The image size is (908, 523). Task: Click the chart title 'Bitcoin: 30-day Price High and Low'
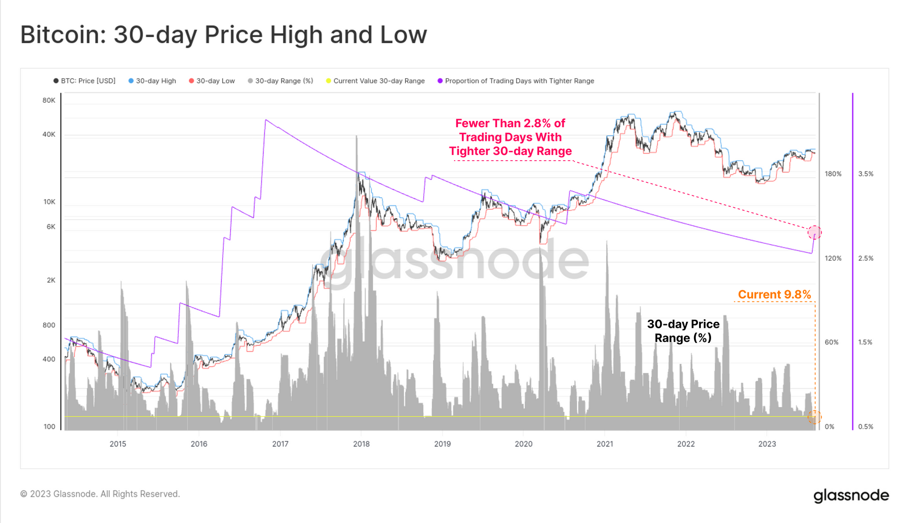tap(223, 35)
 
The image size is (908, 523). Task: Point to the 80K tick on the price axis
tap(49, 101)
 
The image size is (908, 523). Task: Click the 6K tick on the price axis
tap(51, 227)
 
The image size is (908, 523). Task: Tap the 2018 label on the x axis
tap(361, 444)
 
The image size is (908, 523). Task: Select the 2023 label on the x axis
tap(767, 444)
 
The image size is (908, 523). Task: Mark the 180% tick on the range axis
tap(833, 174)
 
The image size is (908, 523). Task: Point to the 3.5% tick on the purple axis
tap(865, 174)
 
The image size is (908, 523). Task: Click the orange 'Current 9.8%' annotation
tap(774, 295)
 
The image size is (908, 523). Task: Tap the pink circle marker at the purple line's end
tap(814, 232)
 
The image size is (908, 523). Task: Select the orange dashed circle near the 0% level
tap(814, 417)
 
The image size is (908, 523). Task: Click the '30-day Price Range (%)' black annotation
tap(683, 331)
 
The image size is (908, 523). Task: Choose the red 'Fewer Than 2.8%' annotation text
tap(510, 137)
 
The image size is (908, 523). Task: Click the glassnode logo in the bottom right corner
tap(851, 495)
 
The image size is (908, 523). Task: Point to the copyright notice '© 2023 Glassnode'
tap(100, 494)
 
